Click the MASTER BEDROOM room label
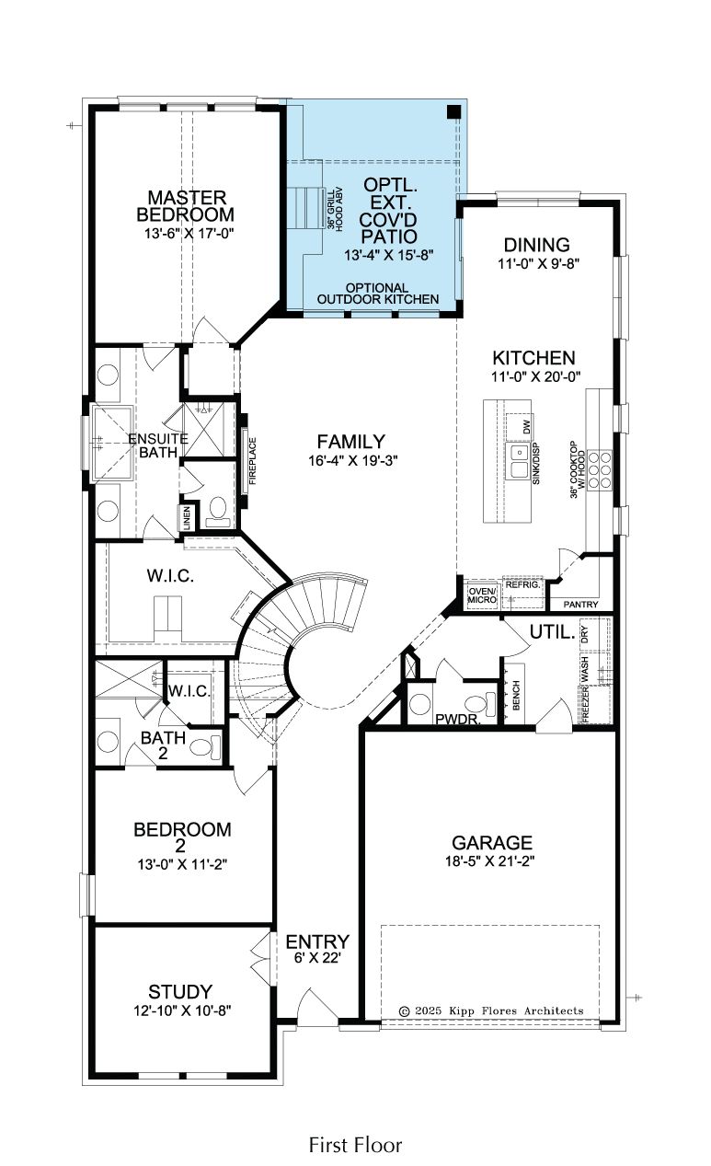(x=186, y=206)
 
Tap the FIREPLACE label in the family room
(x=253, y=461)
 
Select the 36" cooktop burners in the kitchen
(x=599, y=470)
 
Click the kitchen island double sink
(x=519, y=461)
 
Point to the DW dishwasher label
(x=526, y=427)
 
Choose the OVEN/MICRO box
(x=482, y=595)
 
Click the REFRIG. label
(x=523, y=584)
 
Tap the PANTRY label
(x=581, y=605)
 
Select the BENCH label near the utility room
(x=517, y=695)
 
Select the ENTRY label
(x=317, y=941)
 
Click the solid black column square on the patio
(x=454, y=111)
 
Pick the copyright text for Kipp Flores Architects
(x=491, y=1010)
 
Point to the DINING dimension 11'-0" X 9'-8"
(x=538, y=263)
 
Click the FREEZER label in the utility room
(x=585, y=704)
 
